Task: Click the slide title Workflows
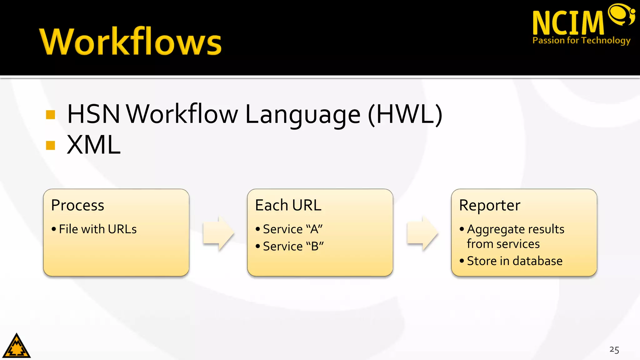[x=131, y=42]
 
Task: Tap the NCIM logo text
[x=568, y=23]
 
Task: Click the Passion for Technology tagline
[x=581, y=40]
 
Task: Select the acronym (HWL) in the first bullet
[x=405, y=114]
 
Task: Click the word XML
[x=93, y=145]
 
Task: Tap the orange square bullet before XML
[x=50, y=145]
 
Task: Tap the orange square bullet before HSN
[x=50, y=115]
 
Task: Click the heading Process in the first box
[x=77, y=205]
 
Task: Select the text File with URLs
[x=97, y=229]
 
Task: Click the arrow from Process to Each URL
[x=218, y=233]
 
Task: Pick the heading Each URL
[x=288, y=205]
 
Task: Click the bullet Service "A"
[x=292, y=229]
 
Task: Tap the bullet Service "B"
[x=293, y=246]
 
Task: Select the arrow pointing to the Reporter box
[x=422, y=233]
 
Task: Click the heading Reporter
[x=489, y=205]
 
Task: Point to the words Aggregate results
[x=516, y=229]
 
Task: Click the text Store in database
[x=514, y=261]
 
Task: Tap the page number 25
[x=614, y=350]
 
